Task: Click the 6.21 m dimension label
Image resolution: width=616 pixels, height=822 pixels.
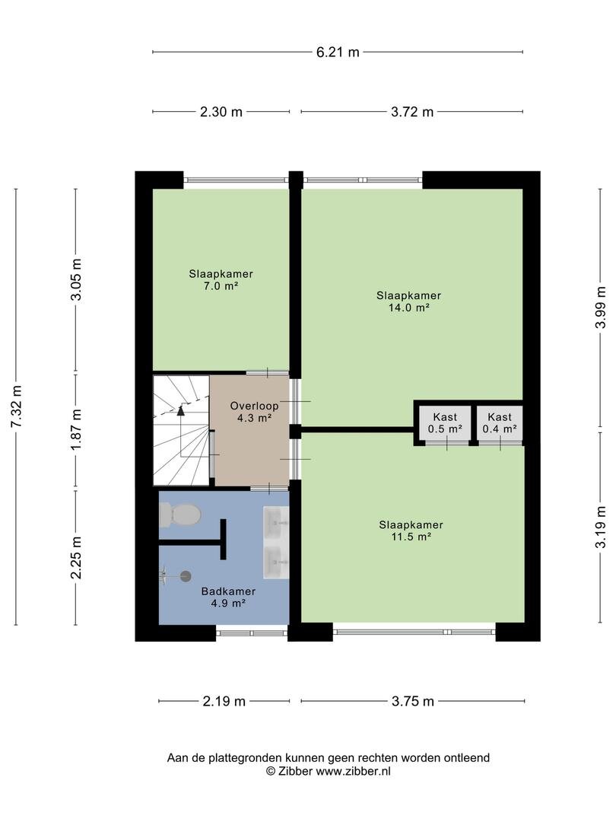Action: (338, 52)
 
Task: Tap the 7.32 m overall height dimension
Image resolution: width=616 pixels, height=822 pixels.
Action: (16, 406)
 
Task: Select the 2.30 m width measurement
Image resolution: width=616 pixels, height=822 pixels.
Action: (221, 112)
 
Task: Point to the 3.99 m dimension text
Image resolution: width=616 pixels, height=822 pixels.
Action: (600, 307)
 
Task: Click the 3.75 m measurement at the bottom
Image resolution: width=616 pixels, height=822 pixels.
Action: (413, 701)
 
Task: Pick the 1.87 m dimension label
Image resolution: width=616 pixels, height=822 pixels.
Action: (77, 429)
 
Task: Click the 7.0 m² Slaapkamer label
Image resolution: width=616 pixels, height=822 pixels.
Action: (221, 280)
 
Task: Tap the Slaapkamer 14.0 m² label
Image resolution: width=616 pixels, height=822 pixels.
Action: (408, 301)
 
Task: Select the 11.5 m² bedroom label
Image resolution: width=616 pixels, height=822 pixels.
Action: (411, 530)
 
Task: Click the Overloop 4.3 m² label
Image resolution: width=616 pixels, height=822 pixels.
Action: (254, 412)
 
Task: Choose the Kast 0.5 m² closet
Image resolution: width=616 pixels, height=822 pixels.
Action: (445, 423)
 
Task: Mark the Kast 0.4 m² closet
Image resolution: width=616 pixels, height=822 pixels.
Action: (500, 423)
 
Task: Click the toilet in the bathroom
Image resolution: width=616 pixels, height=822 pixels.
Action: (179, 515)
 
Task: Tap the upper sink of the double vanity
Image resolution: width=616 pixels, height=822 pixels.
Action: (275, 522)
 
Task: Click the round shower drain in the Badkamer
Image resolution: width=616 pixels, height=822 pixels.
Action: (186, 576)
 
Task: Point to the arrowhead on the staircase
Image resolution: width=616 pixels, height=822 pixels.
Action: (181, 410)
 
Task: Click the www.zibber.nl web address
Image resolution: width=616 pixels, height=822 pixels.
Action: (353, 771)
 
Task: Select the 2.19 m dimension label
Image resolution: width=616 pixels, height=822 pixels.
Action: (224, 701)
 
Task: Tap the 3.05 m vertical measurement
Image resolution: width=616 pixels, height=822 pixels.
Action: (77, 280)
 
